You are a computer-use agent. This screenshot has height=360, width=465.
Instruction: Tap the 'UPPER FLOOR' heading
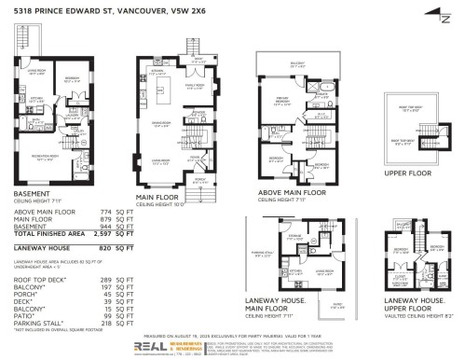[x=406, y=174]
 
